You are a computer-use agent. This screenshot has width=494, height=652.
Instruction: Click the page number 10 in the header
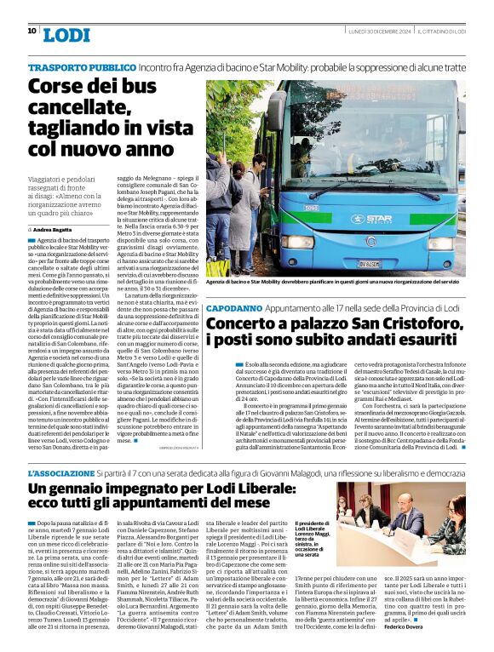tap(32, 31)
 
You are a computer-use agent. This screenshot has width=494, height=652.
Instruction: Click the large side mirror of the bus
tap(277, 110)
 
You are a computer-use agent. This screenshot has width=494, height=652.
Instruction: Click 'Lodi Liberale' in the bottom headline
tap(226, 489)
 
